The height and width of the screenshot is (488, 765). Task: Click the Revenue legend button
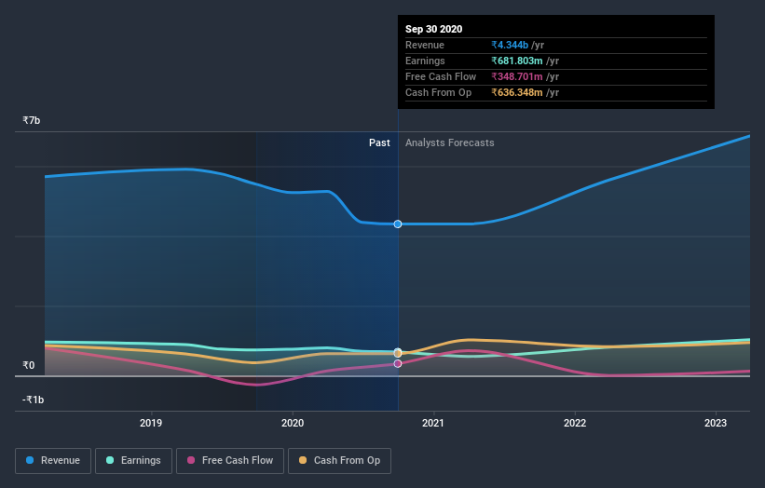(x=53, y=460)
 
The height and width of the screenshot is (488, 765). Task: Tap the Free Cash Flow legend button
(x=229, y=460)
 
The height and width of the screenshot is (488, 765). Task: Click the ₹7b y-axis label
(x=32, y=121)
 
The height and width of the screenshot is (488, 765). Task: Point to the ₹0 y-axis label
(x=29, y=366)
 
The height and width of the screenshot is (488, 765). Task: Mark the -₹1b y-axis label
(x=33, y=400)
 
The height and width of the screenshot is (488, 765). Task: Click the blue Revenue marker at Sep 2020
(x=398, y=224)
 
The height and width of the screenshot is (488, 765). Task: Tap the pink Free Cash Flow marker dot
(x=398, y=363)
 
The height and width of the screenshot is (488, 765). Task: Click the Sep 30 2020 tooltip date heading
(x=433, y=29)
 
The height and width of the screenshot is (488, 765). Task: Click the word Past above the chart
(x=379, y=142)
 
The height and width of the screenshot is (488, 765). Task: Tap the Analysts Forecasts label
(x=449, y=142)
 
